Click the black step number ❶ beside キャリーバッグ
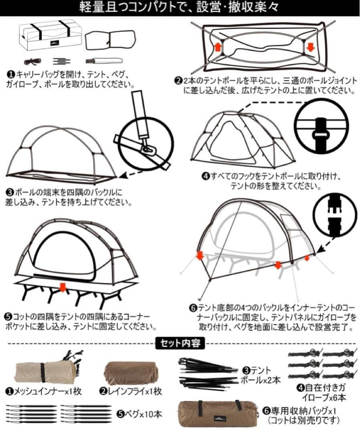click(x=11, y=75)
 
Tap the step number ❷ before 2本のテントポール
click(x=179, y=81)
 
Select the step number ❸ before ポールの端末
click(x=9, y=192)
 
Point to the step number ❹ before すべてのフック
click(x=206, y=176)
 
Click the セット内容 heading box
click(x=180, y=343)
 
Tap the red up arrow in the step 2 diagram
click(x=218, y=47)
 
